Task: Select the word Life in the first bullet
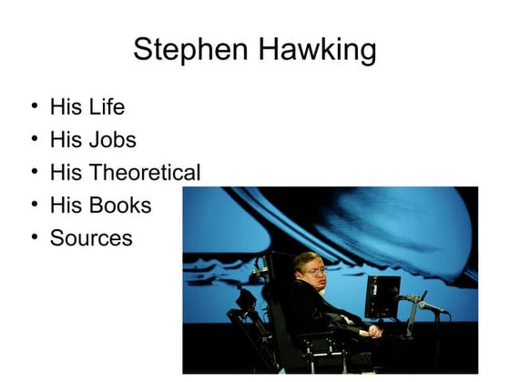107,107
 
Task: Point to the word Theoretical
146,173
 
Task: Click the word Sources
91,238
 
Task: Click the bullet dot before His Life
34,106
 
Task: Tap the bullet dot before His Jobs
34,138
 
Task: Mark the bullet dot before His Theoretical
34,171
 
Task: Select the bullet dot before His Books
34,204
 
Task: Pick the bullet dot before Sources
34,236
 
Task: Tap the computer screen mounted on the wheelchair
382,297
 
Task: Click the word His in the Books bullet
66,206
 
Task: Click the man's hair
308,258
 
